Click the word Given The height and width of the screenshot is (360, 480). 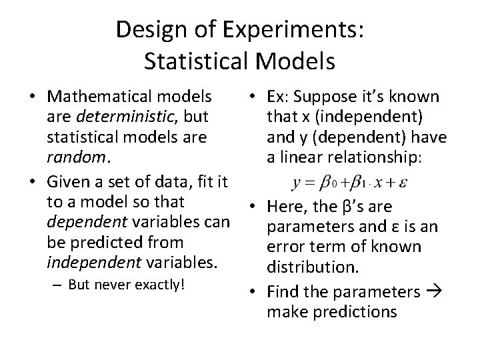(67, 181)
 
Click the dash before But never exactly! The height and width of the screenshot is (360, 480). (53, 285)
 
